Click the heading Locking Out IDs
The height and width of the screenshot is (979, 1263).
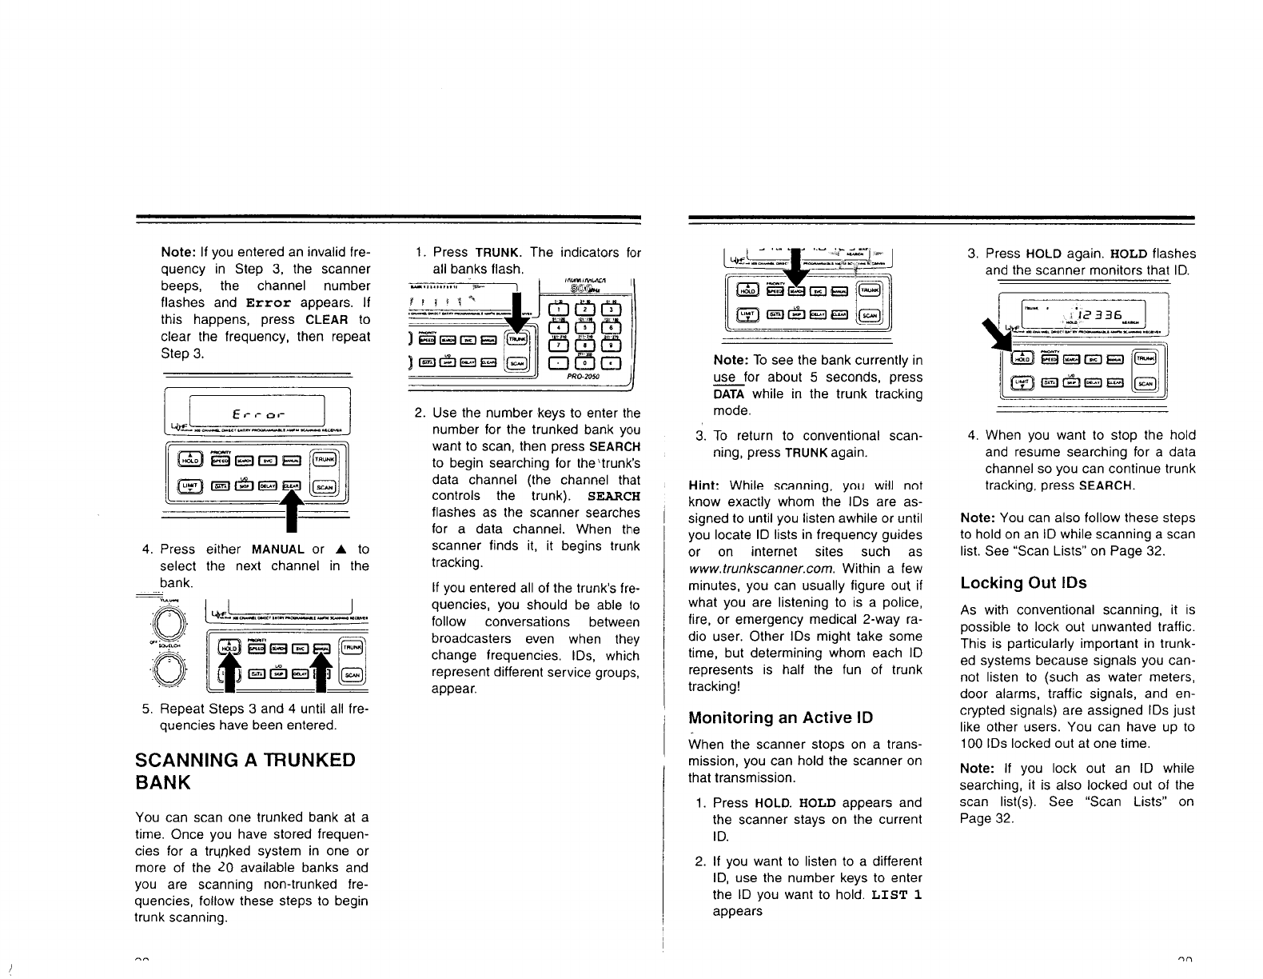click(1023, 582)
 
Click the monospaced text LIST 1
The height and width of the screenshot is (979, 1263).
click(897, 894)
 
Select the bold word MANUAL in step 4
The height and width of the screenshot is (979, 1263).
click(277, 549)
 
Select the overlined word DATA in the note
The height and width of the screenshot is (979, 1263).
click(728, 394)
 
